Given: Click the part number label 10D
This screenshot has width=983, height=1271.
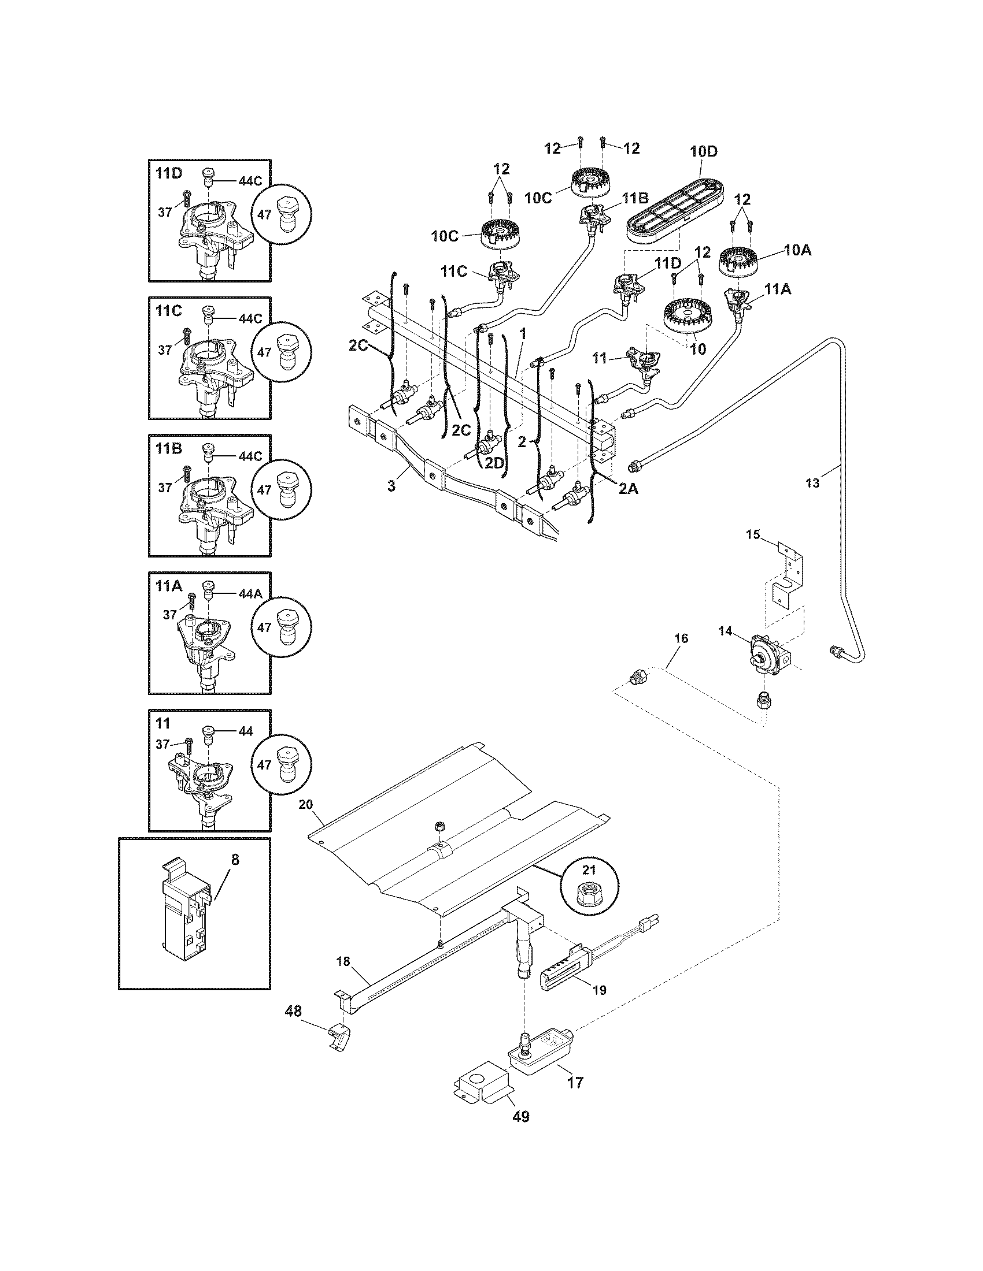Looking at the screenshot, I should point(704,152).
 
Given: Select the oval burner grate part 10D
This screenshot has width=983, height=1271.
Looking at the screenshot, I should point(676,207).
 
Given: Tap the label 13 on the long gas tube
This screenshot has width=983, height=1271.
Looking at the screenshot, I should point(812,482).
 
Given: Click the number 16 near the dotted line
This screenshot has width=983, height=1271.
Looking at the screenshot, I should point(681,638).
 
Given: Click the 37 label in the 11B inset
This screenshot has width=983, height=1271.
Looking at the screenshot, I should point(165,488).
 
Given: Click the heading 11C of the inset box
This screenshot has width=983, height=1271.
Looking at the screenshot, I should point(169,311).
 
